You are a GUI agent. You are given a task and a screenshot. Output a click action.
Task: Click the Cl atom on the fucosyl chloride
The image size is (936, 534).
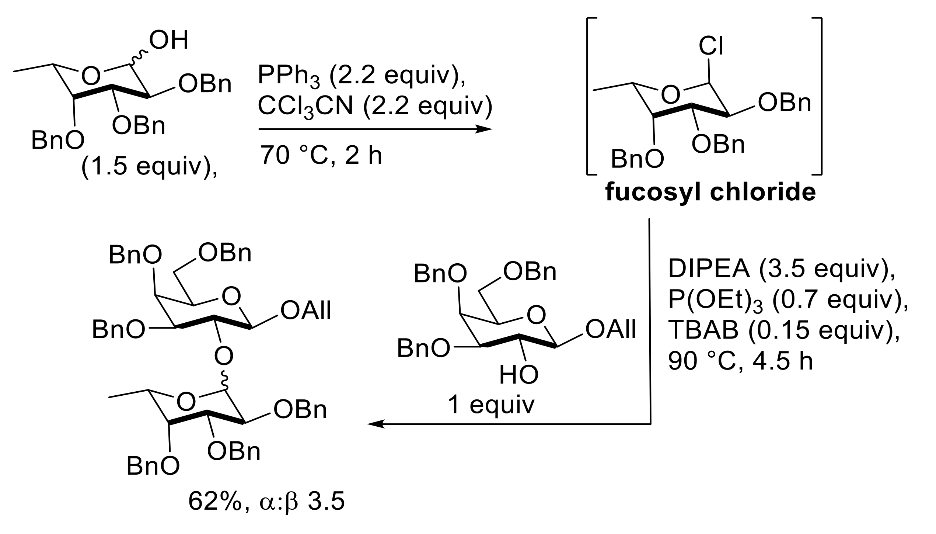point(711,47)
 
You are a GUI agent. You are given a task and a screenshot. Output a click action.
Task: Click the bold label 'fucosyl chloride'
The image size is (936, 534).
point(710,193)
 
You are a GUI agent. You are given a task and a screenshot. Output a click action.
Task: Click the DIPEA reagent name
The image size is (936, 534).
point(709,269)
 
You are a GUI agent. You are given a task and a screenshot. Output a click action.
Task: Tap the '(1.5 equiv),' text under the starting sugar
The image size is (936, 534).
point(149,167)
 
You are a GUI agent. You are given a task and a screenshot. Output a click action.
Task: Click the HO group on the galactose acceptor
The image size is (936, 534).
point(518,375)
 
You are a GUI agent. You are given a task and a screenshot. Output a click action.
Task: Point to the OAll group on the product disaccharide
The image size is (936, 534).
point(306,311)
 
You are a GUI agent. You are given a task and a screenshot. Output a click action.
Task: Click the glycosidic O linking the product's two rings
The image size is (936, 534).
point(224,356)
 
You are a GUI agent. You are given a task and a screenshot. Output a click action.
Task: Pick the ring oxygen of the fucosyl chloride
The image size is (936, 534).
point(670,95)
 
